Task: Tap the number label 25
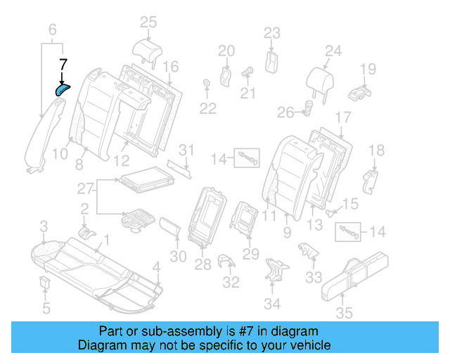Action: [148, 22]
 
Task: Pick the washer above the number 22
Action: [206, 85]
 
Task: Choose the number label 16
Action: [171, 66]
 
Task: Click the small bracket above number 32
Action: [226, 262]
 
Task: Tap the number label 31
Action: [185, 150]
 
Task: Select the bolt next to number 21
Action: [247, 71]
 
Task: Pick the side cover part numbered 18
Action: [371, 180]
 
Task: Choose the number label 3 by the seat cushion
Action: [44, 226]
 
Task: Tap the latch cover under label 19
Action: [361, 92]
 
